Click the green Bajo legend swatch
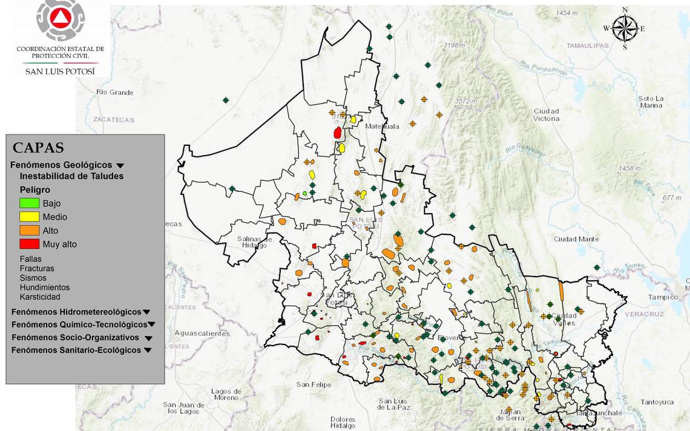click(30, 203)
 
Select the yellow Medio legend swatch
click(30, 217)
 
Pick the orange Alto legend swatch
click(30, 231)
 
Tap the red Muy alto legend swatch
click(30, 244)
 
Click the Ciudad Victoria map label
click(546, 115)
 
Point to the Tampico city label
click(663, 297)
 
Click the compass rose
click(625, 28)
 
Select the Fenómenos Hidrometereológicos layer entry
click(76, 312)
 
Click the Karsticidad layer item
click(40, 297)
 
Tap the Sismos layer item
click(33, 278)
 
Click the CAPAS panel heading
click(38, 148)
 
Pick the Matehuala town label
click(383, 127)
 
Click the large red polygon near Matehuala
click(338, 133)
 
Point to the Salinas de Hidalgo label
click(254, 242)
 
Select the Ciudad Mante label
click(576, 239)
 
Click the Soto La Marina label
click(651, 102)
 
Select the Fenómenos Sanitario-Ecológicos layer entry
click(76, 350)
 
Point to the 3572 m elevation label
click(467, 101)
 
